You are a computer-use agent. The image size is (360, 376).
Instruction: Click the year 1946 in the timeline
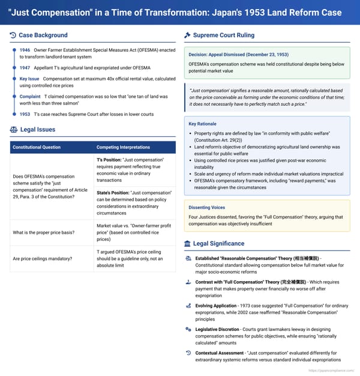tap(25, 50)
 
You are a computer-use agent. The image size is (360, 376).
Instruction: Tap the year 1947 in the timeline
tap(25, 67)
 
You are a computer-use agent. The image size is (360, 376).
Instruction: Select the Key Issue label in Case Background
tap(29, 79)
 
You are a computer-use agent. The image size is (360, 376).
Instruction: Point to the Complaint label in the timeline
tap(30, 96)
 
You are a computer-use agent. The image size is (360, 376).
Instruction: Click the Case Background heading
tap(43, 35)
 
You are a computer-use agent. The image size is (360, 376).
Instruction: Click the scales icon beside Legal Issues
tap(13, 130)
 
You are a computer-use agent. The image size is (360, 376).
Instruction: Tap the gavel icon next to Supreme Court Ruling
tap(187, 35)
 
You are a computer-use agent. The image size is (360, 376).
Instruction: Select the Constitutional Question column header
tap(36, 147)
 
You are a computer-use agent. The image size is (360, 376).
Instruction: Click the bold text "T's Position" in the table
tap(109, 161)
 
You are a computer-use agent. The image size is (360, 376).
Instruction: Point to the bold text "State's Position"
tap(112, 192)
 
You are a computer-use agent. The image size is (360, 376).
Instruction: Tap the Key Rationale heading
tap(203, 124)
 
